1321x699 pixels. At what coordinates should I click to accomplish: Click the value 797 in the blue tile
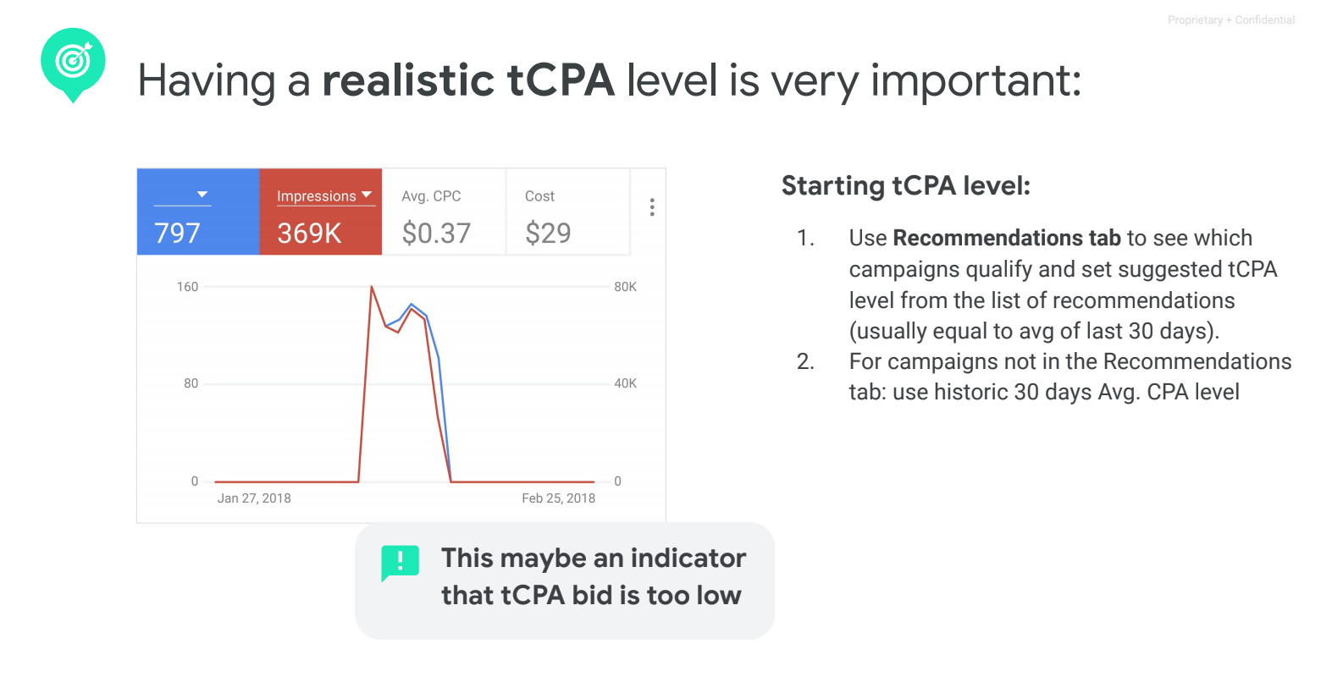point(177,233)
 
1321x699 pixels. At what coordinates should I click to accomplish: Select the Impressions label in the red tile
point(317,195)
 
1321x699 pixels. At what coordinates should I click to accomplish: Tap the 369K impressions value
point(309,233)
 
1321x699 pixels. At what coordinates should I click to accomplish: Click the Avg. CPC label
point(431,196)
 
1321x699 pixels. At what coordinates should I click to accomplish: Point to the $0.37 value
point(436,233)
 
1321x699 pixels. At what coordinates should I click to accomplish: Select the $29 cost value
point(548,233)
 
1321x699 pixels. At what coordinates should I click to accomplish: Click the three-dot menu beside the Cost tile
point(652,206)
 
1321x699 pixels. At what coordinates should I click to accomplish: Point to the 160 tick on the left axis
point(187,287)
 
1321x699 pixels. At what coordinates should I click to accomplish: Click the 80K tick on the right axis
point(625,287)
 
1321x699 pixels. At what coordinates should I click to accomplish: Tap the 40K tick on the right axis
point(625,383)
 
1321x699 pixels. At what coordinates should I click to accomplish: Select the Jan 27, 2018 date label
point(253,498)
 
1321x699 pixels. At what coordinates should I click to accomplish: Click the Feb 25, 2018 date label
point(559,498)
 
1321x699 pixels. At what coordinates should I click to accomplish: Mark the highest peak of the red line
point(372,286)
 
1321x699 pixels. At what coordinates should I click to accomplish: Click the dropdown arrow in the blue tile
point(202,195)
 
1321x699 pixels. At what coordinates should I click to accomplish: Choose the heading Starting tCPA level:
point(906,185)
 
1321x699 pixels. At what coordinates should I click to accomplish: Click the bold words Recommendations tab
point(1007,238)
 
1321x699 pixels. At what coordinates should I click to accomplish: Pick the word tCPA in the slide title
point(561,80)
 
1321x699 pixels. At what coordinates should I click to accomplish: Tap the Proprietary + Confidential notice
point(1231,20)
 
